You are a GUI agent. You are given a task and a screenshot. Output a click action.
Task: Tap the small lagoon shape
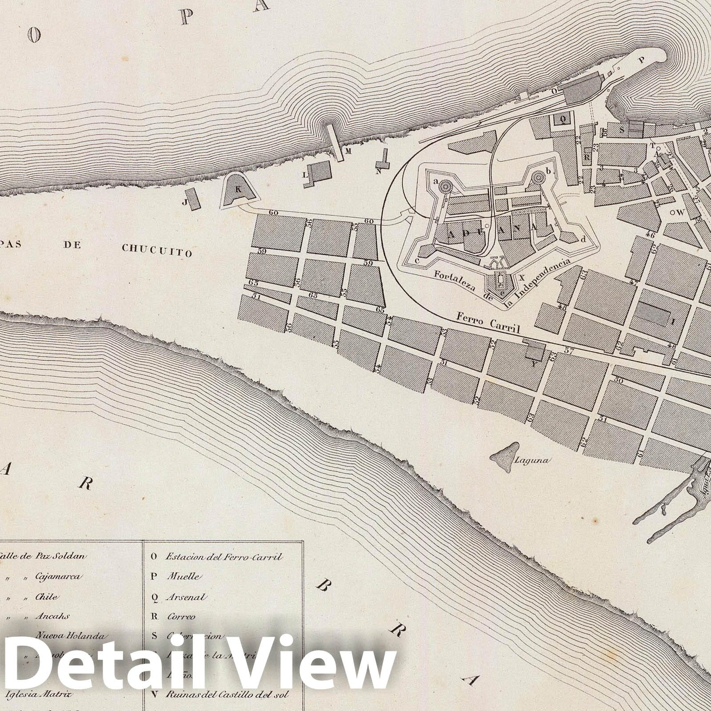506,455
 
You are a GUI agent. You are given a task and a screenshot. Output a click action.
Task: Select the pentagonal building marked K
238,191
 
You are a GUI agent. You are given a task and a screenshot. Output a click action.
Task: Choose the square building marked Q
563,120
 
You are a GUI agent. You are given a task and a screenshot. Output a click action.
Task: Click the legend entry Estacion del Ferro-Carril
224,557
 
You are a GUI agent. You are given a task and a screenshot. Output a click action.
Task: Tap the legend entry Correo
181,617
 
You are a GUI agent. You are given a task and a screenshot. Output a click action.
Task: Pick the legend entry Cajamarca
58,577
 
